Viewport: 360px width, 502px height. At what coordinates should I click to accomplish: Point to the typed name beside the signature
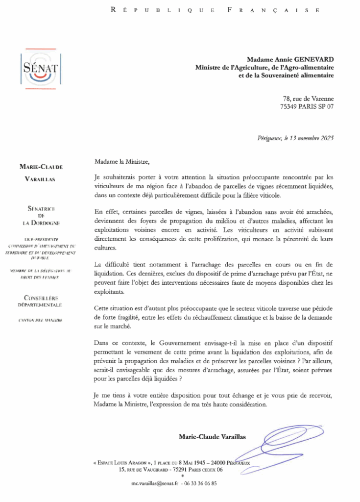213,436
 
